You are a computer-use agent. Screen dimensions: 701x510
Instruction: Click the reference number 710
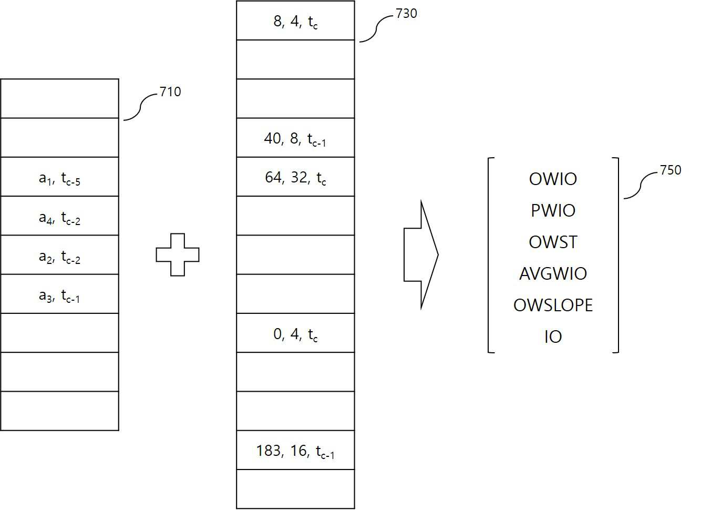170,91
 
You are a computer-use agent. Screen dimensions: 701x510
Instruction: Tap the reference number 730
406,14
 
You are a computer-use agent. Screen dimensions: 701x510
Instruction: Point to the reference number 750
671,170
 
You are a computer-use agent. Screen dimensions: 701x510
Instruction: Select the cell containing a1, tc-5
59,177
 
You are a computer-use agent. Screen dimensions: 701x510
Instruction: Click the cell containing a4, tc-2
59,216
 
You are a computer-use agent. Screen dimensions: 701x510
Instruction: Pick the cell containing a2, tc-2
59,255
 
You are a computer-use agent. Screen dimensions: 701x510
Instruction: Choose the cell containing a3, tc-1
59,294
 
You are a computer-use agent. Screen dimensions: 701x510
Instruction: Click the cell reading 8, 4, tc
295,21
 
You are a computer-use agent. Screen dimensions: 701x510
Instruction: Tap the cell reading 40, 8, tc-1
295,138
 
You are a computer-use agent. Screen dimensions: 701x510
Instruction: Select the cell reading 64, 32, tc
295,177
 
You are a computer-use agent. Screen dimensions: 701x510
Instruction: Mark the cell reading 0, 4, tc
295,333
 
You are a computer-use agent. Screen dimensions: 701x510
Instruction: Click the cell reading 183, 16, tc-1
295,450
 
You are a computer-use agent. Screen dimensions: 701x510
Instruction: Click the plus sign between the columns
178,255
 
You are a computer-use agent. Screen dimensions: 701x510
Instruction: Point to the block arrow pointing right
421,255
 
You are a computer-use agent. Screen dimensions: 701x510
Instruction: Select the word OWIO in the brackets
553,179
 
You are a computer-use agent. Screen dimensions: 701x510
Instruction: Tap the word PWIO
553,210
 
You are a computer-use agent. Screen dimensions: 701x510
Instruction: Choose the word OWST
553,242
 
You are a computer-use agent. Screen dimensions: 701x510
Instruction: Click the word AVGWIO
553,273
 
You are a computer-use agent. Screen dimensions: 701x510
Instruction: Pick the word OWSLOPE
553,305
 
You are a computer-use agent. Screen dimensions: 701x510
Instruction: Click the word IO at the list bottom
553,337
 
